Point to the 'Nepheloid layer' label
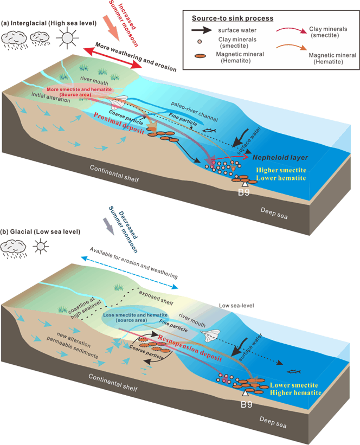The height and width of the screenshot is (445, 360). pyautogui.click(x=280, y=158)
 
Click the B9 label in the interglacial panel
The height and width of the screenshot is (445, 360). pyautogui.click(x=243, y=192)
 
